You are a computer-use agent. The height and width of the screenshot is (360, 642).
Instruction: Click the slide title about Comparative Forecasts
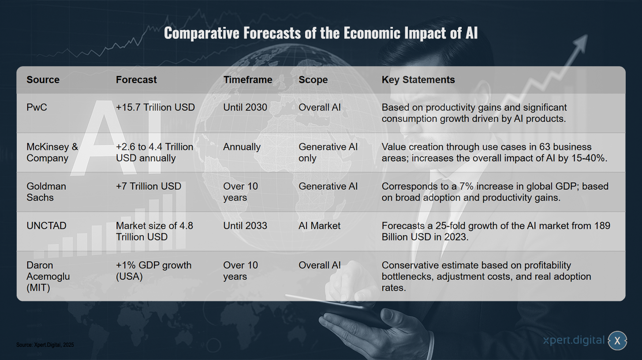[321, 33]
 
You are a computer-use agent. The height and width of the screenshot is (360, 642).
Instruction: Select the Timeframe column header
[248, 80]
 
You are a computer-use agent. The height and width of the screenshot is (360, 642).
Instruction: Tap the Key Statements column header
[418, 80]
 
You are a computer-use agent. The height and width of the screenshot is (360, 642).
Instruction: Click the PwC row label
[37, 107]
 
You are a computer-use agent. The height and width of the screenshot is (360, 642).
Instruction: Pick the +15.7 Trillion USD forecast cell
[155, 107]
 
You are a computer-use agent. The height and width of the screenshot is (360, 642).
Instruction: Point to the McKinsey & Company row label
[52, 152]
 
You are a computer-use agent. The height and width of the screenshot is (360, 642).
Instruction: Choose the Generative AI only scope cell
[328, 152]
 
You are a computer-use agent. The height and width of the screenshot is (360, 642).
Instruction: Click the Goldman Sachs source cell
[46, 192]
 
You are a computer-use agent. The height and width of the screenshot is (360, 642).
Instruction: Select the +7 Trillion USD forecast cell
[149, 186]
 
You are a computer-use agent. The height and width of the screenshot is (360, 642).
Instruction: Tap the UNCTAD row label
[46, 226]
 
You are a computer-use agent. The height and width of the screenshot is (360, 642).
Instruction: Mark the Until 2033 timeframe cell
[245, 226]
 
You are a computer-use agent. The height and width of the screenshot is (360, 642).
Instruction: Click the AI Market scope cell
[319, 226]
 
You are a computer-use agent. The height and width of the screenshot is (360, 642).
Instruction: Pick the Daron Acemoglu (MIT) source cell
[48, 276]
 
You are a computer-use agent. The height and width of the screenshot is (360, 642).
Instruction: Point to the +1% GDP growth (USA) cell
[153, 271]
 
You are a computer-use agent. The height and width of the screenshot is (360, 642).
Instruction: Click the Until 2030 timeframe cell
[245, 107]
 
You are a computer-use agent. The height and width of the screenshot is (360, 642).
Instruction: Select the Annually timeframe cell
[242, 147]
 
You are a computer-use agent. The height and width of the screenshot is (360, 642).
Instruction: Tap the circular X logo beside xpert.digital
[617, 341]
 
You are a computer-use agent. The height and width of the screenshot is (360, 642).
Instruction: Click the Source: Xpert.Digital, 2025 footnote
[45, 345]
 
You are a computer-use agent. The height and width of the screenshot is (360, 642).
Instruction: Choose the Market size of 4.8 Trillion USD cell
[154, 231]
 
